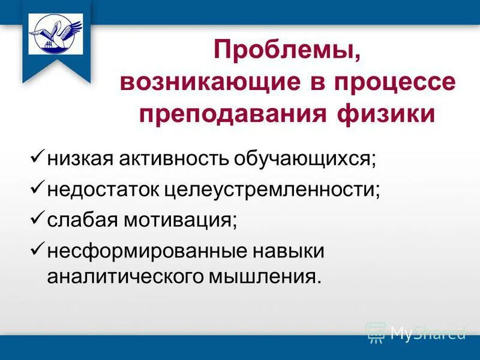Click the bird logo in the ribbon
click(56, 34)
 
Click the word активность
click(163, 160)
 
